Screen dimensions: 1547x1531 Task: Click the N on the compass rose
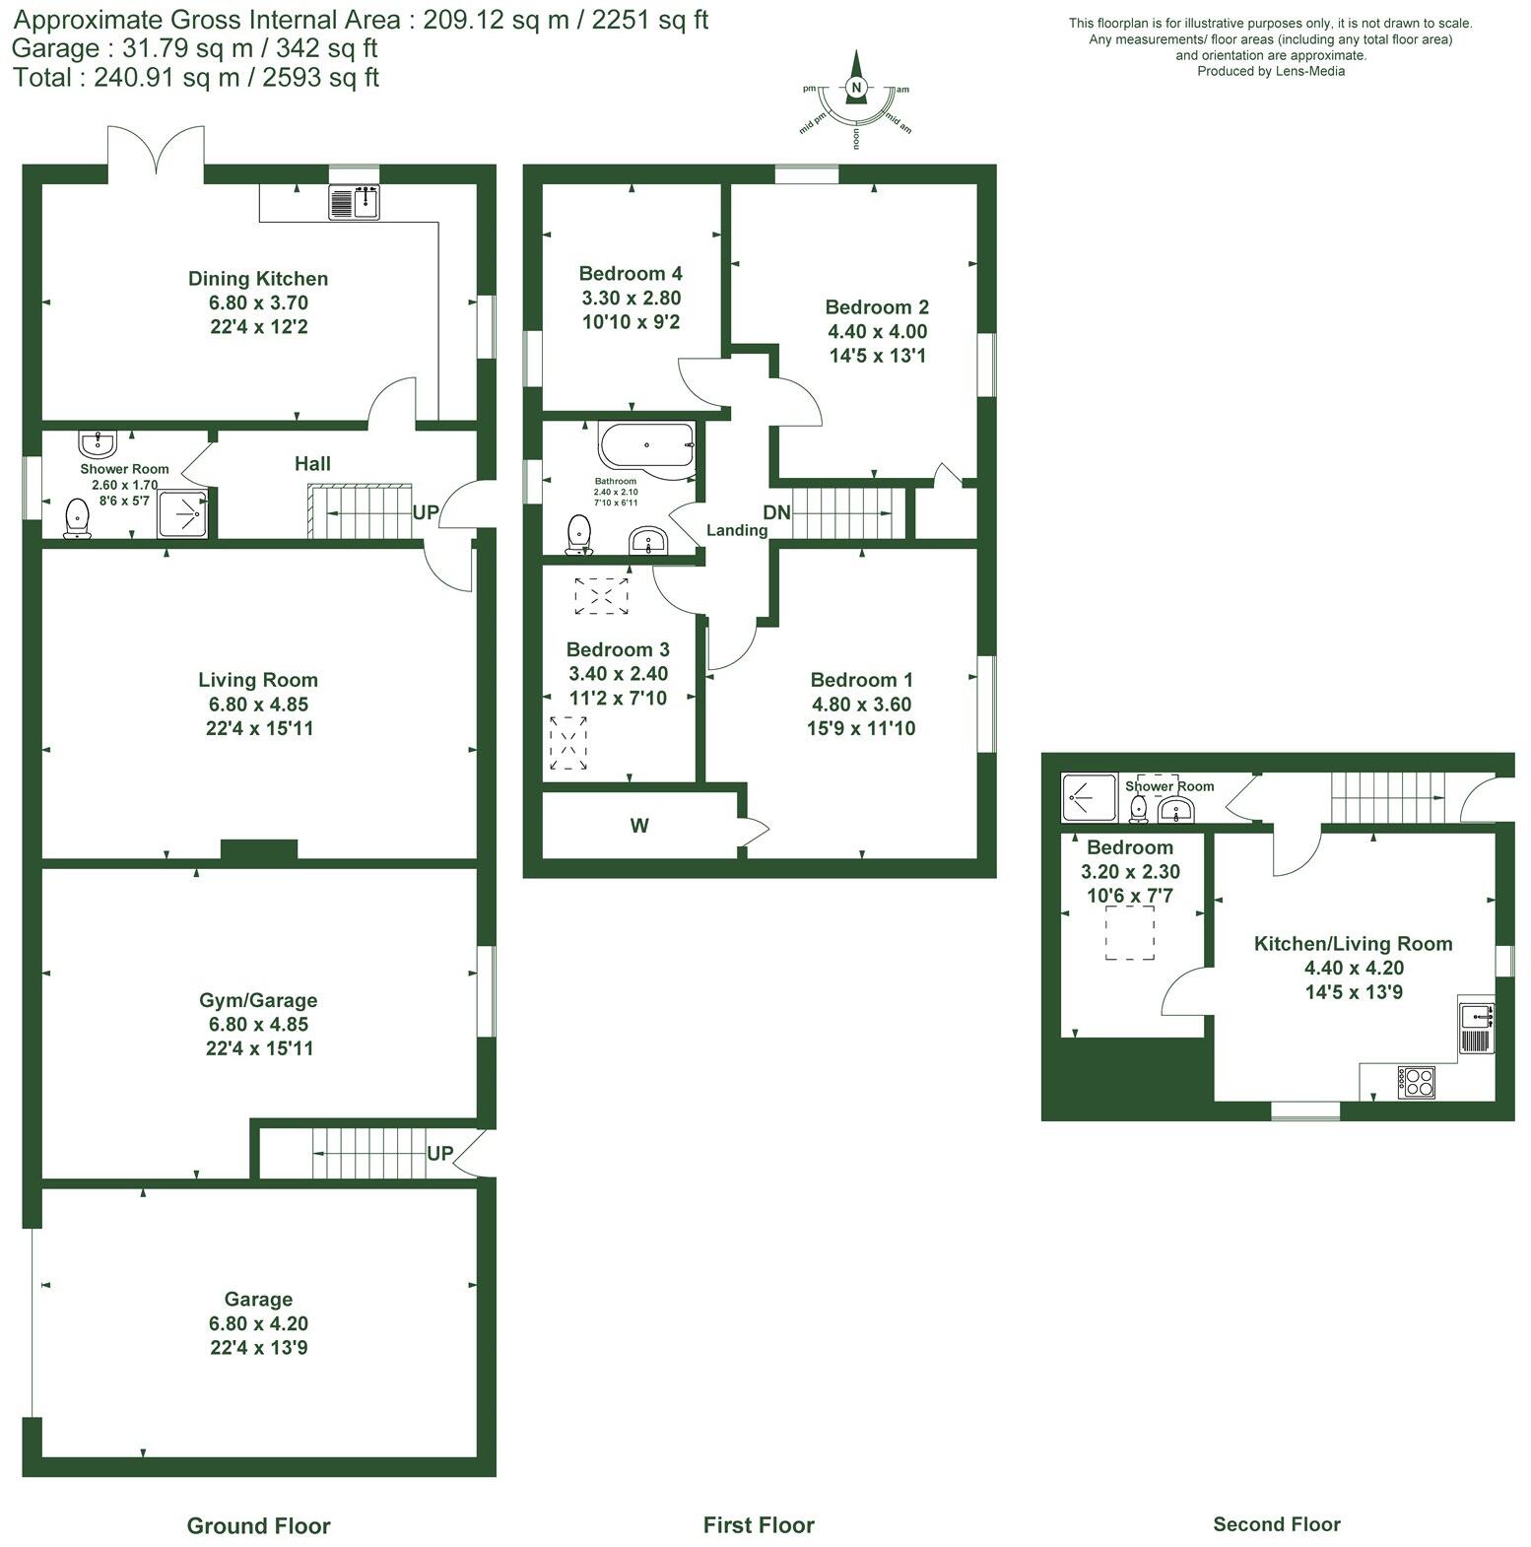tap(856, 88)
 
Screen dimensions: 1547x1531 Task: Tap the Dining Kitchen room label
tap(258, 279)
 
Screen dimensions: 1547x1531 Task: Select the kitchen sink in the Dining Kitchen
tap(354, 202)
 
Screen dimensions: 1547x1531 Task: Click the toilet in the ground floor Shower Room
tap(77, 518)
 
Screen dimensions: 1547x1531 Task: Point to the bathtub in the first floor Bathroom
tap(644, 444)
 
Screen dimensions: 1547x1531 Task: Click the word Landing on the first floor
tap(736, 530)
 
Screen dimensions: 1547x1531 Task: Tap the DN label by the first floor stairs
tap(776, 512)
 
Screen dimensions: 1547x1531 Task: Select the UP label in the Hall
tap(426, 513)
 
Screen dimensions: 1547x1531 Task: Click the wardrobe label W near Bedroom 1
tap(639, 826)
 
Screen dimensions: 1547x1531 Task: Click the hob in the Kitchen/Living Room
tap(1416, 1082)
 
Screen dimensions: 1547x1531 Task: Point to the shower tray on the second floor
tap(1090, 796)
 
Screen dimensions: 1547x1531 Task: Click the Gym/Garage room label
tap(258, 1000)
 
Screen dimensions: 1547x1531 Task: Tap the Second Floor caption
tap(1276, 1524)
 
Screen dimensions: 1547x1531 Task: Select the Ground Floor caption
tap(258, 1525)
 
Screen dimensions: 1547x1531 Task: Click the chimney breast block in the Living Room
tap(258, 849)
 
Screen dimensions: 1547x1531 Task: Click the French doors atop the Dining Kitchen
tap(156, 153)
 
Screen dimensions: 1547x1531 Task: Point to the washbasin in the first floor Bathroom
tap(648, 541)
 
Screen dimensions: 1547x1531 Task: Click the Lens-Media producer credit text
tap(1270, 71)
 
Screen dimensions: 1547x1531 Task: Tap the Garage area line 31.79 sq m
tap(195, 48)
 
